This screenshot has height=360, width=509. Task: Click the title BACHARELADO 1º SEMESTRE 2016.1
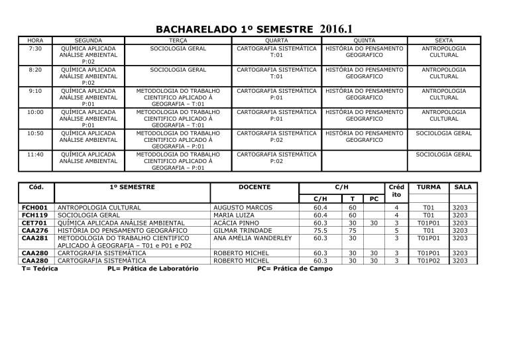(254, 29)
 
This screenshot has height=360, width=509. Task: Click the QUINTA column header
(363, 41)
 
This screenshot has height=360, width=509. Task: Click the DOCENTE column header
(254, 188)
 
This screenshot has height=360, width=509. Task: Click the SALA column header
(462, 188)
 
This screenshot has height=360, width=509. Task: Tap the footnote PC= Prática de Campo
(295, 269)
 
